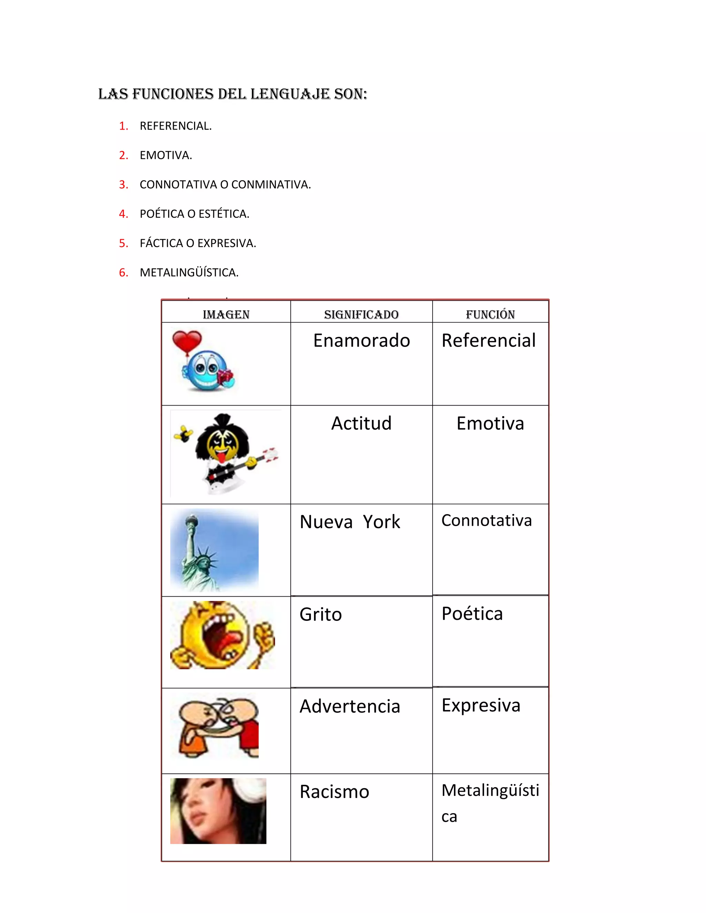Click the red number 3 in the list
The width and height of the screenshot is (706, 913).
123,184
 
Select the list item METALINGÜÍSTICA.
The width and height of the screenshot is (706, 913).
189,273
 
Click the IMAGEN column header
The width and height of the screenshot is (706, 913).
226,314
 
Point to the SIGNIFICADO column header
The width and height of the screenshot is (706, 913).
361,314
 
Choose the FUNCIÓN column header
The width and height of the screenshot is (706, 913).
490,314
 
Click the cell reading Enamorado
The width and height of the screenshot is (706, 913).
361,340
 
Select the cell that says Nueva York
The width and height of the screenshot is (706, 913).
350,522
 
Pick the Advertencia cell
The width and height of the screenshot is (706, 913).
350,706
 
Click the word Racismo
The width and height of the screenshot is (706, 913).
334,791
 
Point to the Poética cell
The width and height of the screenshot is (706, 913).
472,613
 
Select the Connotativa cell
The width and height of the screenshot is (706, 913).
486,521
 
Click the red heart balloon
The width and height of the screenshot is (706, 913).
186,341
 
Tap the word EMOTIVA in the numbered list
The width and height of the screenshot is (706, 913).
165,155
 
